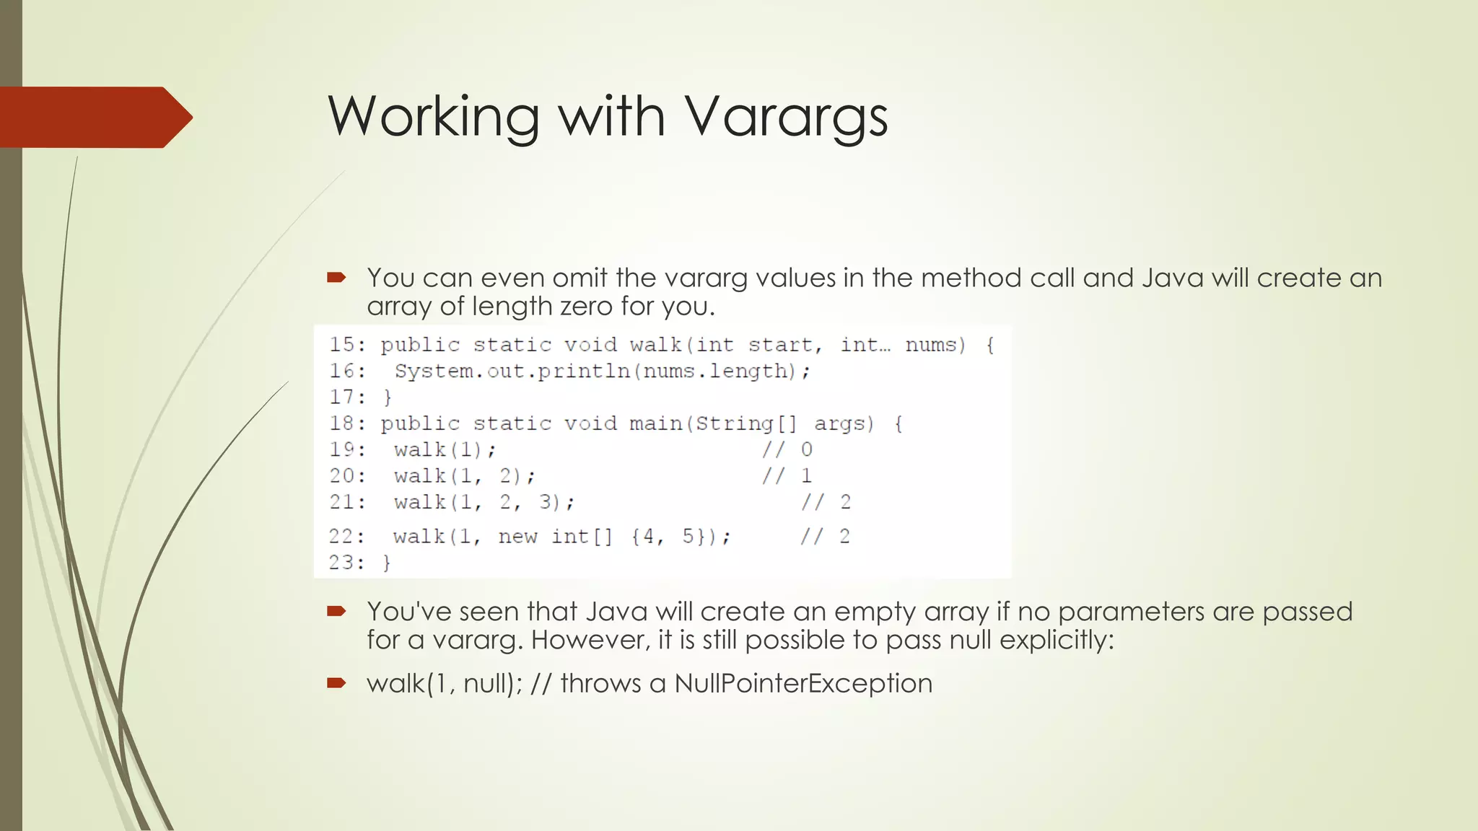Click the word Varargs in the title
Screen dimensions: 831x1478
pyautogui.click(x=785, y=117)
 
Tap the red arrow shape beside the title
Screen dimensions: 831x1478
pyautogui.click(x=94, y=117)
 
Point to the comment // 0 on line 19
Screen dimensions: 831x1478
pyautogui.click(x=787, y=449)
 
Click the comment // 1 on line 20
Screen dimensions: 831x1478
pyautogui.click(x=787, y=476)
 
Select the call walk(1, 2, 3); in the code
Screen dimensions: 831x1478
pyautogui.click(x=484, y=502)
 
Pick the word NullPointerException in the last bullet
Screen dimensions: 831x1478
pyautogui.click(x=803, y=683)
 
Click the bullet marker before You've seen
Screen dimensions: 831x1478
pyautogui.click(x=336, y=612)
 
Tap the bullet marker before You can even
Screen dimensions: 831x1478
pyautogui.click(x=336, y=278)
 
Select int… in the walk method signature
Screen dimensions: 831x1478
pyautogui.click(x=865, y=345)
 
